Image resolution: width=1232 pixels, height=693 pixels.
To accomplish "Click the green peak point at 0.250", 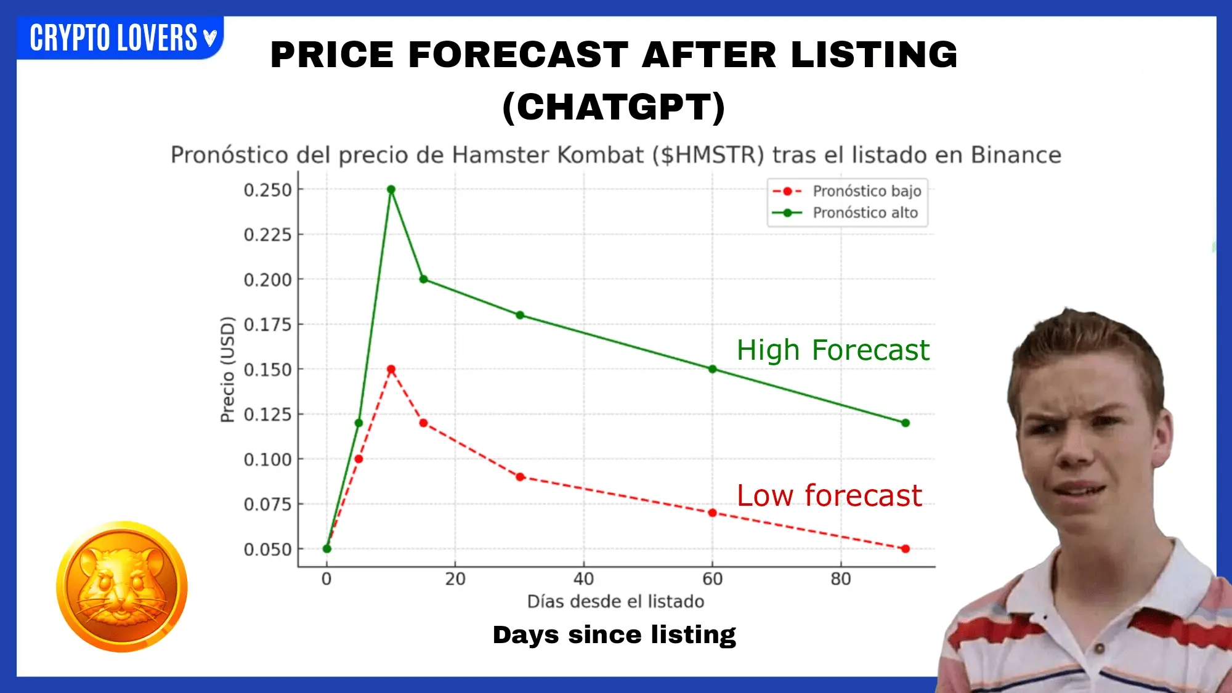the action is point(391,190).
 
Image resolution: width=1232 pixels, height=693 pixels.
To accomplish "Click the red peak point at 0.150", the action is point(391,370).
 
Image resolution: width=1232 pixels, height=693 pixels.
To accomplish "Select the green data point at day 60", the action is point(713,369).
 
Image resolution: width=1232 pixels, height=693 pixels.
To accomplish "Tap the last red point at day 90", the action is point(906,549).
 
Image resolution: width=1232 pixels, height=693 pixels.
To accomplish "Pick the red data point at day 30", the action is point(520,477).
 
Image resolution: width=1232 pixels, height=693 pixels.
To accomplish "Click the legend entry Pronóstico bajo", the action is point(847,191).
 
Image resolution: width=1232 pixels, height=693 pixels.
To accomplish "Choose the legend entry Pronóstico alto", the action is point(845,213).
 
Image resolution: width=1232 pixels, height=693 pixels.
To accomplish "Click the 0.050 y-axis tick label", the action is point(268,549).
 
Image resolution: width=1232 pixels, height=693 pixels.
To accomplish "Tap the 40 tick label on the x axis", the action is point(584,579).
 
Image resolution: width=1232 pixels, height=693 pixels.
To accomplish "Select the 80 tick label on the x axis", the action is point(841,579).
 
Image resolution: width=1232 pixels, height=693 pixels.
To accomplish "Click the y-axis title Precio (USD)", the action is point(228,369).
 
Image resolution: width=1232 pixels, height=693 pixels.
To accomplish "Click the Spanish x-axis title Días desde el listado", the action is point(616,601).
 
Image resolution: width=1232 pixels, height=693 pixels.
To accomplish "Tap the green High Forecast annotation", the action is point(833,350).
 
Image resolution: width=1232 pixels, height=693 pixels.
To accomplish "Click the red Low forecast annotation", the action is point(829,495).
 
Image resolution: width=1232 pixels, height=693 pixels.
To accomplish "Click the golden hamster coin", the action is point(122,586).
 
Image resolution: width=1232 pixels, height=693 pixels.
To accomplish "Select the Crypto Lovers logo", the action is point(120,38).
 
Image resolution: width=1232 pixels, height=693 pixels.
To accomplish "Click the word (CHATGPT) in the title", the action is point(614,107).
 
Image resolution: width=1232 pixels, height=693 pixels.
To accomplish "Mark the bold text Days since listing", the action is point(614,635).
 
